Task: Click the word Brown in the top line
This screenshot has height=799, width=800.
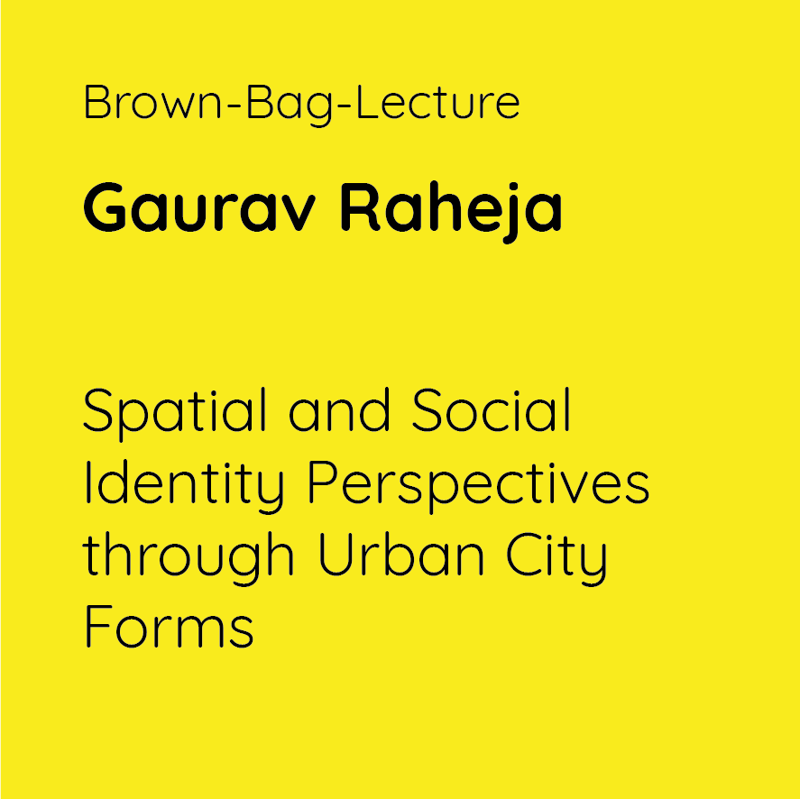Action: click(152, 102)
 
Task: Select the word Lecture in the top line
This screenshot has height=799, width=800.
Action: click(437, 102)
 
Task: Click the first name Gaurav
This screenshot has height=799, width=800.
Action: click(199, 207)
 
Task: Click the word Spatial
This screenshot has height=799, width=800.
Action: click(174, 414)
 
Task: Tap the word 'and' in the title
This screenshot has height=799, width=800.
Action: click(339, 409)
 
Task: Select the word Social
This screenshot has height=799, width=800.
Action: click(491, 409)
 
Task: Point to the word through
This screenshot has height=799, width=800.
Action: click(189, 558)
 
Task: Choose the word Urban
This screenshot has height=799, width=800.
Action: click(401, 554)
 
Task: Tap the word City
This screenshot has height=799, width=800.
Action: click(556, 558)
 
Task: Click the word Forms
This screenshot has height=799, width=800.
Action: click(169, 626)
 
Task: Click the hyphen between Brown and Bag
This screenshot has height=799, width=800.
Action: click(234, 106)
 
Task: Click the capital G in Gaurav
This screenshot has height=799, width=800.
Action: click(105, 207)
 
